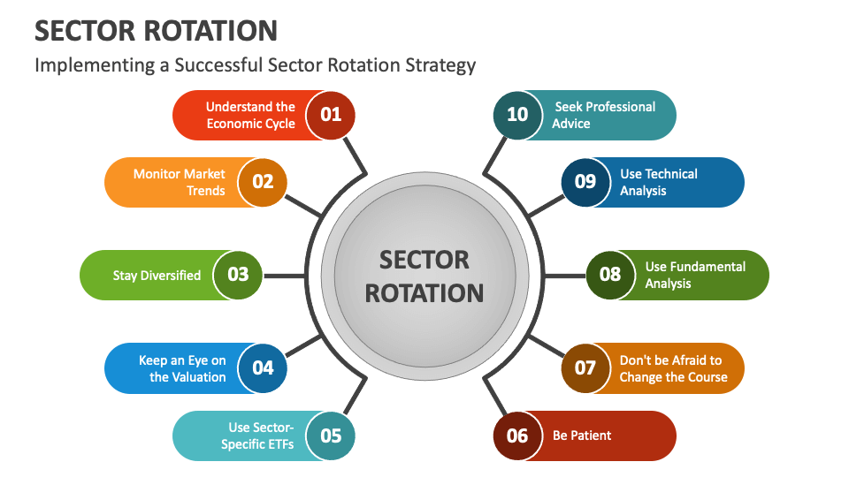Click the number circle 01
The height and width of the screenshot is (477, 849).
pos(331,114)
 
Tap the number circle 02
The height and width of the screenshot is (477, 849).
pos(263,182)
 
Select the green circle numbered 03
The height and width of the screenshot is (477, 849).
pos(238,275)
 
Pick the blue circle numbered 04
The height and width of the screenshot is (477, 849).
pos(263,367)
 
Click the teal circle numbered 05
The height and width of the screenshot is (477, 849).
pos(331,435)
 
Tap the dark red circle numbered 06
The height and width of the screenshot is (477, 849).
pos(517,435)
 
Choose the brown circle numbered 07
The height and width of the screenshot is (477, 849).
pos(585,367)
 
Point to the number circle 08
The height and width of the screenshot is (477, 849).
pos(610,275)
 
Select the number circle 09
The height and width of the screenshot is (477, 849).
pos(585,182)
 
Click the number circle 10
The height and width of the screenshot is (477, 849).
pos(517,114)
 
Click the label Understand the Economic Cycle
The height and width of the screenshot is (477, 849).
pos(250,115)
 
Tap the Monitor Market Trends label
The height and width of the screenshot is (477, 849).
pos(180,182)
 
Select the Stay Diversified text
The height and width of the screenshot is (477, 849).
pos(157,276)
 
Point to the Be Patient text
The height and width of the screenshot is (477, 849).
pos(582,435)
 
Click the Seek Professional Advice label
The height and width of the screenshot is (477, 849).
pos(604,115)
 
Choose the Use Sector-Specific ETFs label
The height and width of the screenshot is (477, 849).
pos(256,435)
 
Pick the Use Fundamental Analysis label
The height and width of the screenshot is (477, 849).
pos(682,275)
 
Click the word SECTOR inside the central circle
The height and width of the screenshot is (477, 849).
pos(424,260)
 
